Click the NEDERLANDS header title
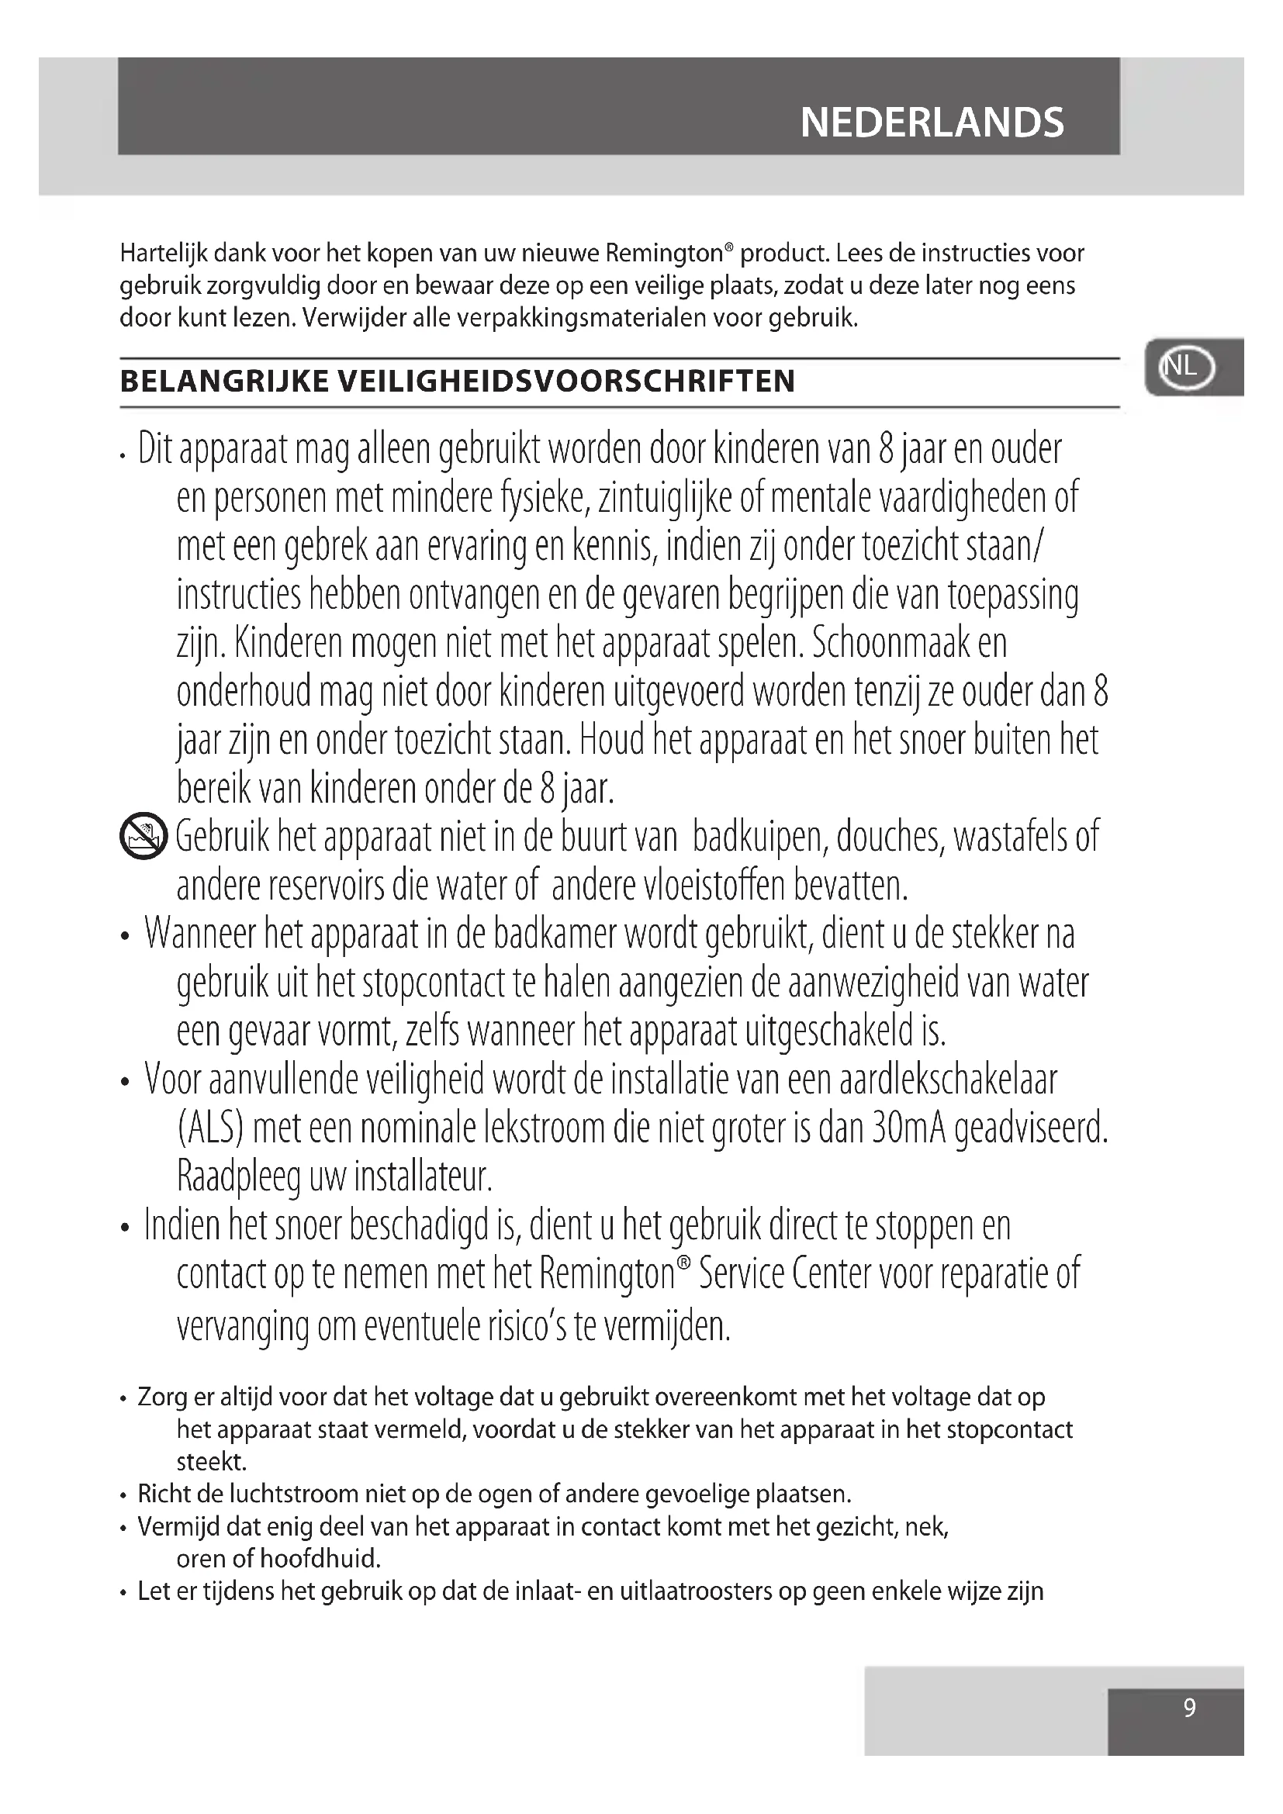(932, 123)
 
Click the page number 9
(1189, 1707)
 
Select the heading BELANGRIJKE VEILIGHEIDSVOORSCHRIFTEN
(458, 382)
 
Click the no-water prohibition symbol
(143, 836)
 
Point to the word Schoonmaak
(890, 643)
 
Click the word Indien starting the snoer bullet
(182, 1226)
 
